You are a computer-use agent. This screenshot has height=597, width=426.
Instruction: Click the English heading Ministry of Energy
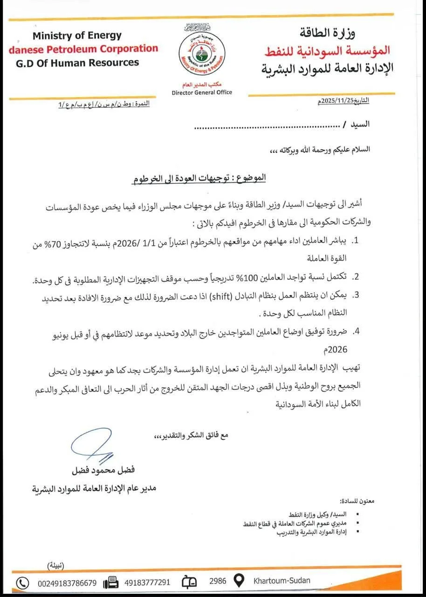coord(77,35)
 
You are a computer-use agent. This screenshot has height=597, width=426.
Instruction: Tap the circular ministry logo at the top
coord(202,55)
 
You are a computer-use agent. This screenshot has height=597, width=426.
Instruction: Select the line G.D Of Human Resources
coord(77,62)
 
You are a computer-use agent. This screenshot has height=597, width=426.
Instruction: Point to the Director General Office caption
coord(202,92)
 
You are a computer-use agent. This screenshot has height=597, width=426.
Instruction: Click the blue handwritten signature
coord(95,447)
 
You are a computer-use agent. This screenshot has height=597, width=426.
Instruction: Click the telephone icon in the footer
coord(22,583)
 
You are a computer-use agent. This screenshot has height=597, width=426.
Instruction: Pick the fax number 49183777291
coord(147,583)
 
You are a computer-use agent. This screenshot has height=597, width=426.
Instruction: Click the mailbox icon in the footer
coord(190,582)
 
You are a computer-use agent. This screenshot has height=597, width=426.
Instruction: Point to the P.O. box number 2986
coord(218,582)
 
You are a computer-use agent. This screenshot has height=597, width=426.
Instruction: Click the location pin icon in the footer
coord(239,582)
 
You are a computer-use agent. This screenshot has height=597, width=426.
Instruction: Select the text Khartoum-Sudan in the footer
coord(282,581)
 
